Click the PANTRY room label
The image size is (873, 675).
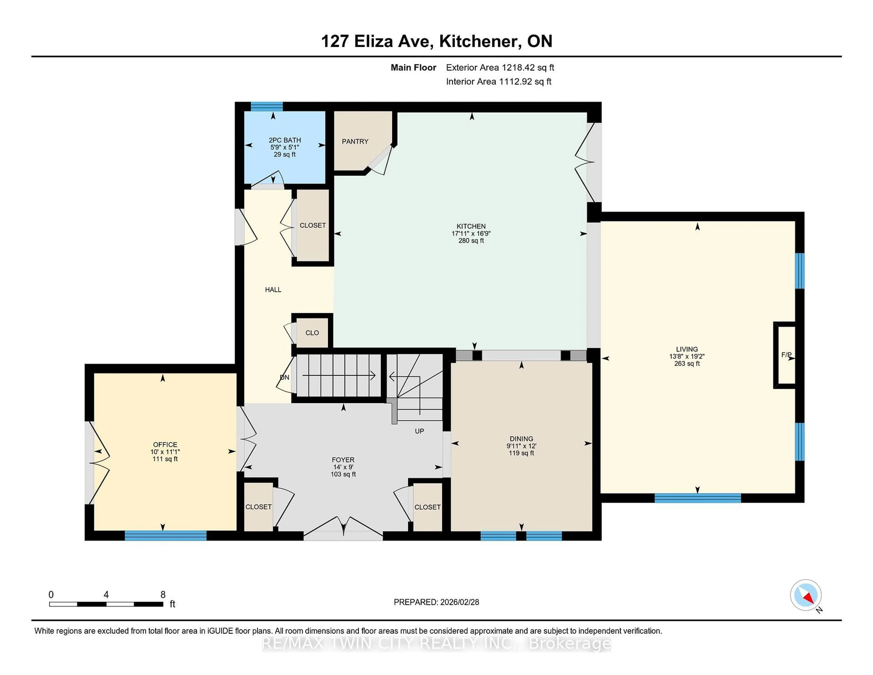[x=355, y=141]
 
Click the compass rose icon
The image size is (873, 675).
[x=805, y=595]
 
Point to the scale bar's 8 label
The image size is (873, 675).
[x=163, y=595]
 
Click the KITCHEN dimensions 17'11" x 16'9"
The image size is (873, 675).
[x=471, y=234]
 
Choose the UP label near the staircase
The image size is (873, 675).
[x=419, y=431]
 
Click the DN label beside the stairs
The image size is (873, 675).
[x=284, y=378]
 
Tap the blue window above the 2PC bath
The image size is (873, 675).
[x=267, y=106]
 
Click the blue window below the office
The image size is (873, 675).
[x=166, y=536]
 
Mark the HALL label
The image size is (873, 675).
[x=273, y=290]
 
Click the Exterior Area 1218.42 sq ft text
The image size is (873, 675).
[x=500, y=68]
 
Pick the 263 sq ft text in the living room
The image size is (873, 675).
[x=687, y=363]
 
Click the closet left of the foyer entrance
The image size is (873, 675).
[x=258, y=507]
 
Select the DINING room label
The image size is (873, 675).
[x=521, y=439]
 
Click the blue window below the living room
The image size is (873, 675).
[x=697, y=498]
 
